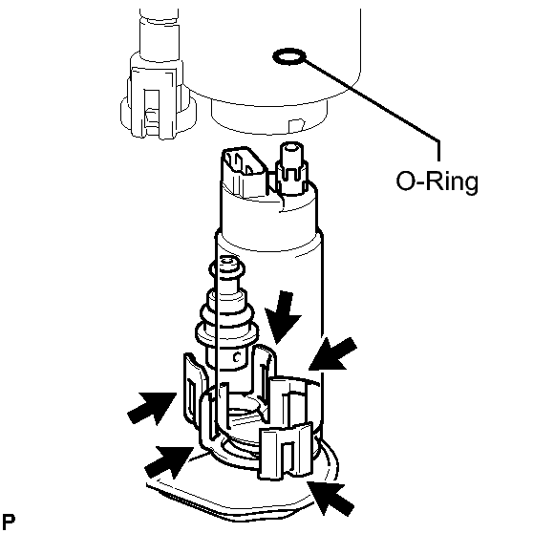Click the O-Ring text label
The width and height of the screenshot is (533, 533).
pos(437,181)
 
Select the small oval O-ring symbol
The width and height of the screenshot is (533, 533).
pos(289,56)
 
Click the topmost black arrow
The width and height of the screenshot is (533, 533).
pos(282,316)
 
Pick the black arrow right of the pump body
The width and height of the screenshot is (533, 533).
pos(332,354)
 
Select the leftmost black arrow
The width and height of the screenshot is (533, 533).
pos(153,408)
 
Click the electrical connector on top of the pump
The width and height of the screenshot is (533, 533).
pos(245,172)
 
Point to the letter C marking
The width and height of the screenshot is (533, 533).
pos(237,357)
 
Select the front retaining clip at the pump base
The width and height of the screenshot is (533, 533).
pos(287,451)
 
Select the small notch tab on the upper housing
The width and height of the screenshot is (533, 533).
pos(295,125)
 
